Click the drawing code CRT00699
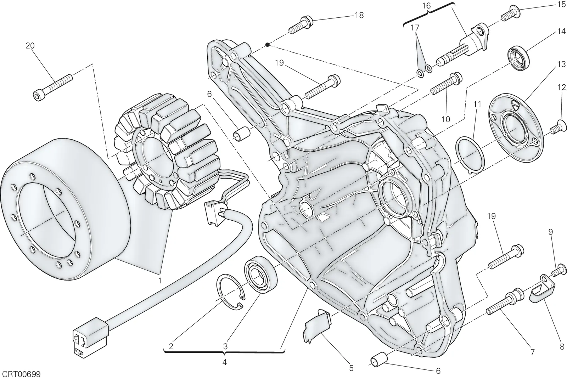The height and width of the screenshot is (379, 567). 20,374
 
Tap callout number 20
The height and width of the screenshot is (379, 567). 30,46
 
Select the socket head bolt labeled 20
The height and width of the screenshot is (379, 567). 53,88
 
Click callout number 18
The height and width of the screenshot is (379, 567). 359,16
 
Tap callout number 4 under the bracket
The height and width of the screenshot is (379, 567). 224,362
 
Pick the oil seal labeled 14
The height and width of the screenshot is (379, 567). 519,58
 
